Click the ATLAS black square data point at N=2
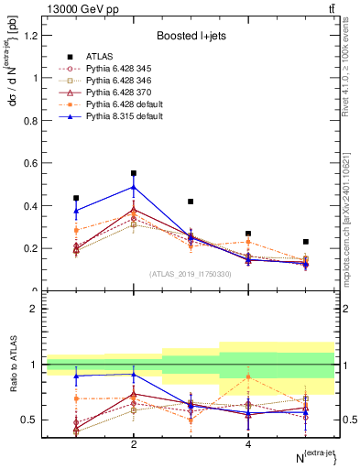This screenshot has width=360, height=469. click(134, 173)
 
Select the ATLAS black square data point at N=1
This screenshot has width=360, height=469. click(76, 198)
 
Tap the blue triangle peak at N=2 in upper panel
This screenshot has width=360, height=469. click(134, 187)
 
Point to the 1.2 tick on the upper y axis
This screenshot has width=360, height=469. click(32, 36)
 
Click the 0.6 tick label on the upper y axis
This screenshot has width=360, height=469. click(32, 163)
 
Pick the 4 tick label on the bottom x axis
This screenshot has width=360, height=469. click(248, 443)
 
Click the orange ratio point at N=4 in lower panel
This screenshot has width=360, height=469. click(248, 376)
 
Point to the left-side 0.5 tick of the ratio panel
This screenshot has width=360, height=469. click(32, 420)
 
